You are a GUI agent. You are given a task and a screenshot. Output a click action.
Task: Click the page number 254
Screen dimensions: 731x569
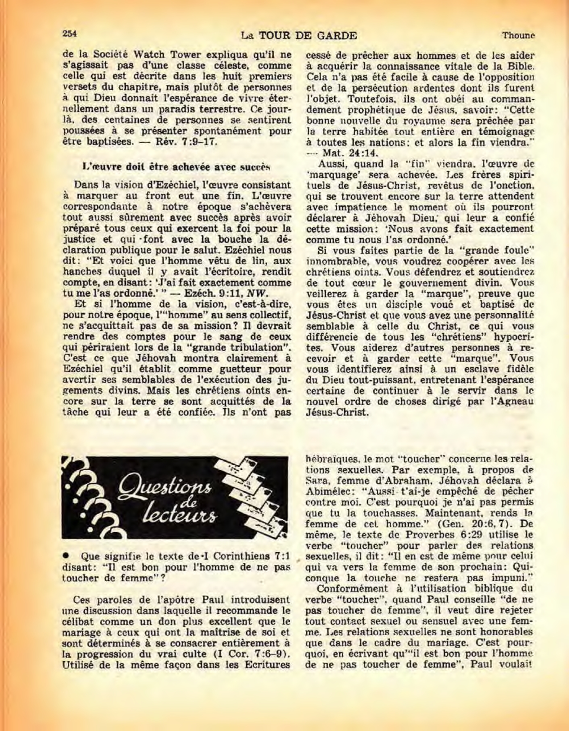point(70,33)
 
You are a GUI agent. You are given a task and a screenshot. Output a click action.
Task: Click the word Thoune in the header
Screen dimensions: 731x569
point(518,36)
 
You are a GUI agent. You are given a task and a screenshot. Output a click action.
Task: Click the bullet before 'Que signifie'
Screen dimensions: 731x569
point(67,556)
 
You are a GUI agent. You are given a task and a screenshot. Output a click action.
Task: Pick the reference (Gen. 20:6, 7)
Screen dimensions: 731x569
point(474,524)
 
